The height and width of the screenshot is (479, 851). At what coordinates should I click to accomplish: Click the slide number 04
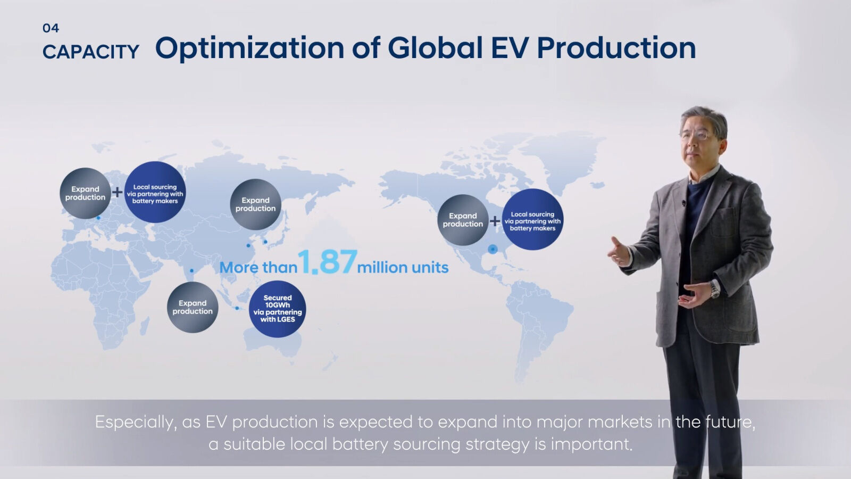coord(51,28)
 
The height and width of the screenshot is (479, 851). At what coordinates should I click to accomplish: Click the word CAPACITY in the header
coord(90,52)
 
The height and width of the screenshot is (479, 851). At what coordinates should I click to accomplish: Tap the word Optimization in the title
coord(249,48)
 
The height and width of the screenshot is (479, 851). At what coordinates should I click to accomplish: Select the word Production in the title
coord(616,48)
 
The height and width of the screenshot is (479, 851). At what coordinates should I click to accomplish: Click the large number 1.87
coord(327,262)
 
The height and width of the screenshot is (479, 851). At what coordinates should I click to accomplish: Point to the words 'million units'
coord(403,267)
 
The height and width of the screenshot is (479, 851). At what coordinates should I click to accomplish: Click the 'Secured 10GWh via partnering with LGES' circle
coord(277,309)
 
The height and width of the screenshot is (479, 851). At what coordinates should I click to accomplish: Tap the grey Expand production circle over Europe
coord(85,193)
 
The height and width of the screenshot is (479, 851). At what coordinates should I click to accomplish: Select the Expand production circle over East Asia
coord(255,204)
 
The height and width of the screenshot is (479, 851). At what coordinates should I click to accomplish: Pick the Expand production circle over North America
coord(463,220)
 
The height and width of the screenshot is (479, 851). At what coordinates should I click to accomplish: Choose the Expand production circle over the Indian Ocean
coord(193,307)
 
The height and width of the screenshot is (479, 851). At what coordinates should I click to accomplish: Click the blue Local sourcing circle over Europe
coord(155,192)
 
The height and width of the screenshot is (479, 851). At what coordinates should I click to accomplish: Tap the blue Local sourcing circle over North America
coord(532,220)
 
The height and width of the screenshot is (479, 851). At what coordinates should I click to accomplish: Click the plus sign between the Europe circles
coord(117,192)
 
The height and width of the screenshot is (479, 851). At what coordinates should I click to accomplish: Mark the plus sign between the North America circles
coord(495,220)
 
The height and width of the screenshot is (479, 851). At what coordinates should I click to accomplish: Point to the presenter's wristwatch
coord(715,289)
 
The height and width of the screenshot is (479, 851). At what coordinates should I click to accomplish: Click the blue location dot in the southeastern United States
coord(493,249)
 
